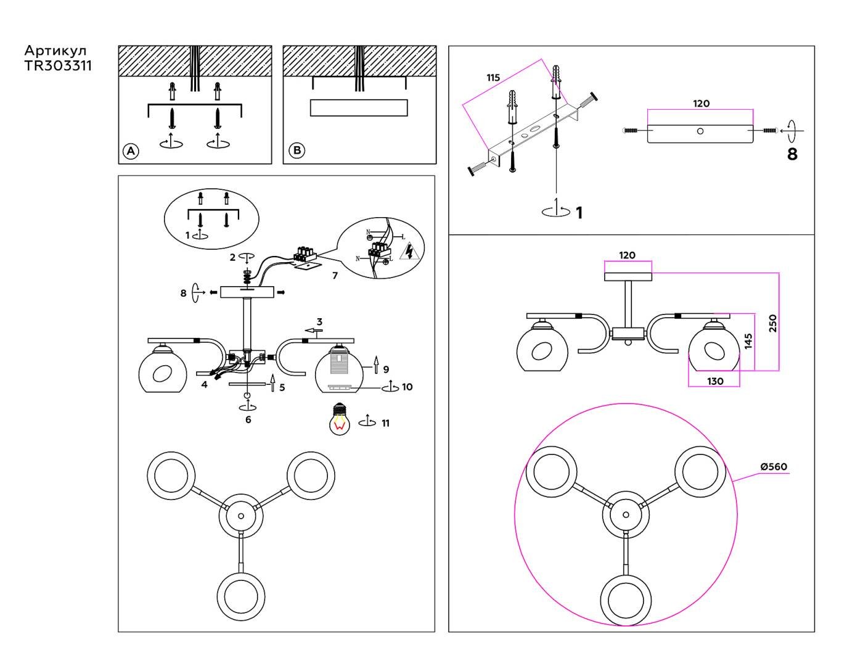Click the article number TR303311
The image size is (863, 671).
click(58, 65)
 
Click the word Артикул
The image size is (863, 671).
click(55, 51)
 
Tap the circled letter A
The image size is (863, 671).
click(131, 151)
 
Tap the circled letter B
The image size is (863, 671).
click(297, 150)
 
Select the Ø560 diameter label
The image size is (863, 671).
click(774, 467)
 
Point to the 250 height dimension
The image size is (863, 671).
click(773, 323)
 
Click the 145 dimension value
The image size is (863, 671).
click(748, 341)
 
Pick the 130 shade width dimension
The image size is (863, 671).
click(714, 381)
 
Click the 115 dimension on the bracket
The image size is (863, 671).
click(493, 78)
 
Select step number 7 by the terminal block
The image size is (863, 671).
click(335, 276)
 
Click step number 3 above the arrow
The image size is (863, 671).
click(319, 322)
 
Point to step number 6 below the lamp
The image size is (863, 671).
click(248, 420)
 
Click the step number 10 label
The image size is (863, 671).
click(407, 387)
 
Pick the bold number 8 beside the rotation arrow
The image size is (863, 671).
click(792, 154)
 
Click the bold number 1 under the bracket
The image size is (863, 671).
click(579, 213)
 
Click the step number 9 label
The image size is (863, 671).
click(386, 369)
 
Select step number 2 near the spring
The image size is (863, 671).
click(232, 257)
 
